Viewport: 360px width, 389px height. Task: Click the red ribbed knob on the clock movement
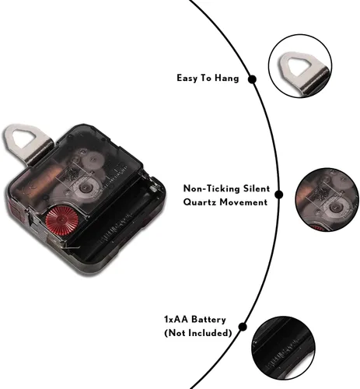[62, 220]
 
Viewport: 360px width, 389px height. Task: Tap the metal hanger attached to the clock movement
[27, 143]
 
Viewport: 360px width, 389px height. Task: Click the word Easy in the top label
[187, 78]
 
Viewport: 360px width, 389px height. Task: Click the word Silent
[257, 188]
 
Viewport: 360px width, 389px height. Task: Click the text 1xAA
[176, 319]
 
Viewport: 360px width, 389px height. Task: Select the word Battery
[208, 320]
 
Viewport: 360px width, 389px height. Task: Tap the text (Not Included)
[198, 333]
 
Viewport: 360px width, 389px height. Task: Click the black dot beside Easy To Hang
[252, 79]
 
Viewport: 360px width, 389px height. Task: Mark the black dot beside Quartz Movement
[278, 194]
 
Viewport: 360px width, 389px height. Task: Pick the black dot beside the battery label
[243, 327]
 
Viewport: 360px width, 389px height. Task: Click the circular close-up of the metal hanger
[300, 66]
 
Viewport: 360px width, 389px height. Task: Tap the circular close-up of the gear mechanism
[327, 200]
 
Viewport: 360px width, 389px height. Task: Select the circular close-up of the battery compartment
[283, 348]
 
